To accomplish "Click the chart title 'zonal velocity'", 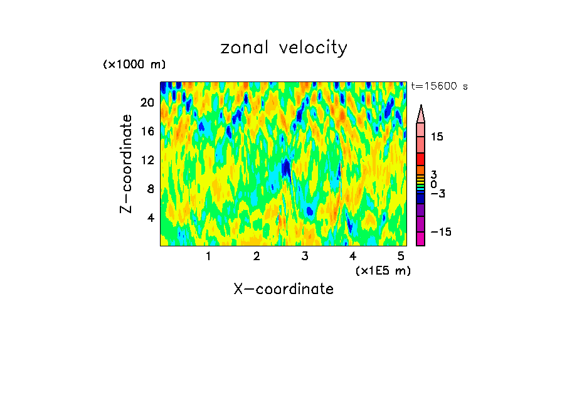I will (x=283, y=48).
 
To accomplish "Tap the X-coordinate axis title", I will (x=283, y=289).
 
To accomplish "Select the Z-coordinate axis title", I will (x=126, y=164).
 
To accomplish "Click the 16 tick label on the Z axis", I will (x=148, y=131).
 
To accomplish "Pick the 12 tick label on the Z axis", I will (x=148, y=160).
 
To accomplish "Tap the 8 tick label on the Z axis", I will (x=151, y=189).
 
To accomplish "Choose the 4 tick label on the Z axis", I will (x=151, y=218).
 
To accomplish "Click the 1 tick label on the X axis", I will (x=208, y=256).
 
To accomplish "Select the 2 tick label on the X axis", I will (x=257, y=256).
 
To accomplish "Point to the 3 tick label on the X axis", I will (x=305, y=256).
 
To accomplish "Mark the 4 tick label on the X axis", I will (x=353, y=256).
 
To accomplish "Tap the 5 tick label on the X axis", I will (x=401, y=256).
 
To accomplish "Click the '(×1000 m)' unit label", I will (x=134, y=65).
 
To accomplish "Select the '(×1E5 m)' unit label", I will (x=383, y=270).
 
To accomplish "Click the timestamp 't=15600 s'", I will (x=439, y=87).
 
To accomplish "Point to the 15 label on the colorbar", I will (x=437, y=137).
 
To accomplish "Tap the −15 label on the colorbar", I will (x=441, y=232).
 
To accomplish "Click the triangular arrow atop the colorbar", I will (x=421, y=113).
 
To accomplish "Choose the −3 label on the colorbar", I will (x=438, y=194).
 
